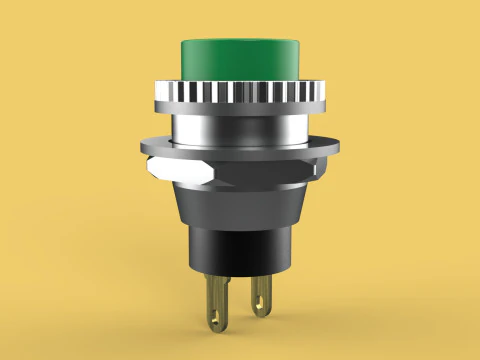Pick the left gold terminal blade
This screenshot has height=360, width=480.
(215, 300)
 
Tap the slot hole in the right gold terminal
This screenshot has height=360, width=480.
(262, 298)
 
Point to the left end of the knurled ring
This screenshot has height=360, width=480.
(156, 96)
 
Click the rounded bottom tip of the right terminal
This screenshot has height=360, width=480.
(263, 314)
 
